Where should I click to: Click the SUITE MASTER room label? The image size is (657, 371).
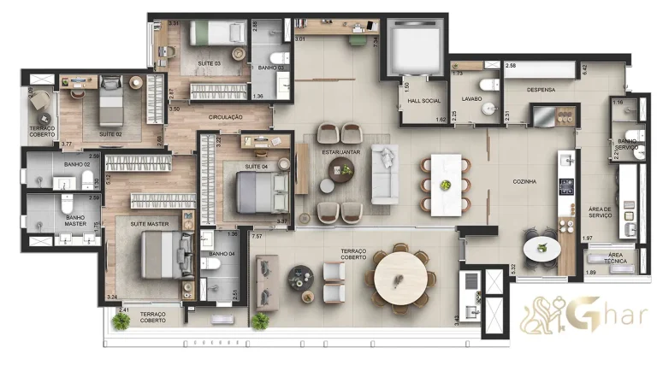pos(149,223)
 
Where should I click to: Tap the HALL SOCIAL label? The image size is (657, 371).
pos(423,101)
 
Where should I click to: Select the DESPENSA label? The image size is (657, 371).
pos(541,89)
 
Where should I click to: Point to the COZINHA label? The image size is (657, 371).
pos(524,181)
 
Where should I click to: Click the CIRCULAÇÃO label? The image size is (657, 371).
pos(226,117)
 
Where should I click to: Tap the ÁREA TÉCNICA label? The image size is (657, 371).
pos(614,259)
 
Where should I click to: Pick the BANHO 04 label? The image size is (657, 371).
pos(222,253)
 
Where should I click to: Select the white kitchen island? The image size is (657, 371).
pos(445,183)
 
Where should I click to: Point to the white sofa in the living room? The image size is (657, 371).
pos(384,174)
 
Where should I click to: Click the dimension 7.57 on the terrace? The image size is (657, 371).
pos(257,234)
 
